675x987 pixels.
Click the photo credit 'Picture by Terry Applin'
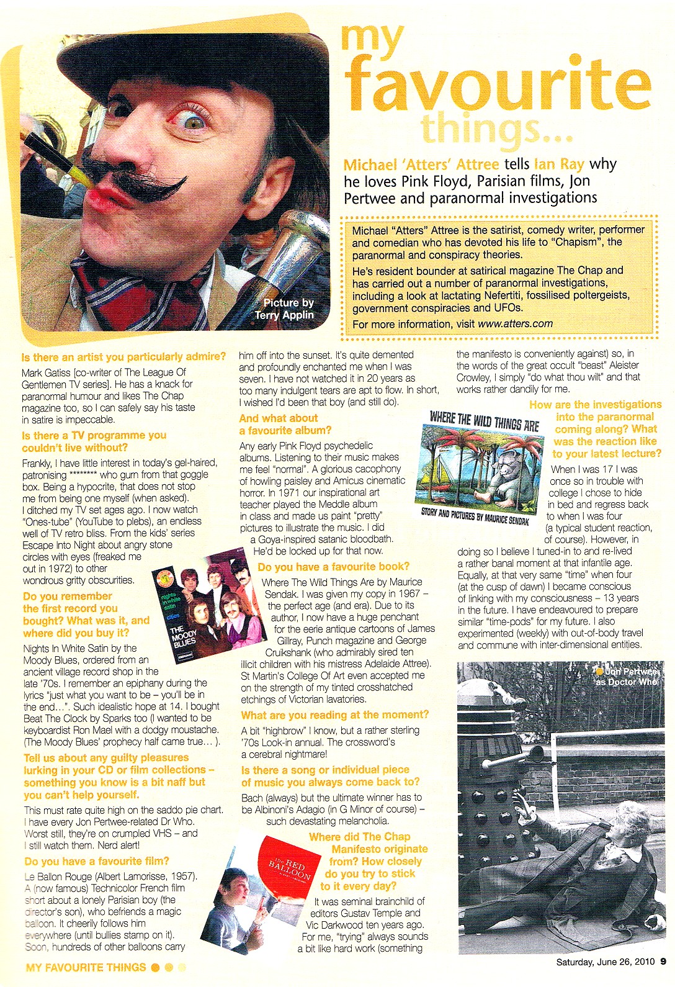tap(288, 309)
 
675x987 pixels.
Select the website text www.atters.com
tap(515, 323)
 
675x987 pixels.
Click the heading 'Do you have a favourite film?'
tap(96, 861)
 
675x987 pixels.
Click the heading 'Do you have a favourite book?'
tap(333, 567)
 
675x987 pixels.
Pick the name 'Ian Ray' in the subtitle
tap(559, 164)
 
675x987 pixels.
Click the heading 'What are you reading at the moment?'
tap(334, 715)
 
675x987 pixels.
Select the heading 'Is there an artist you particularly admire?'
tap(123, 357)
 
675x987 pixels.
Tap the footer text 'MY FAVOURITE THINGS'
tap(86, 967)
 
